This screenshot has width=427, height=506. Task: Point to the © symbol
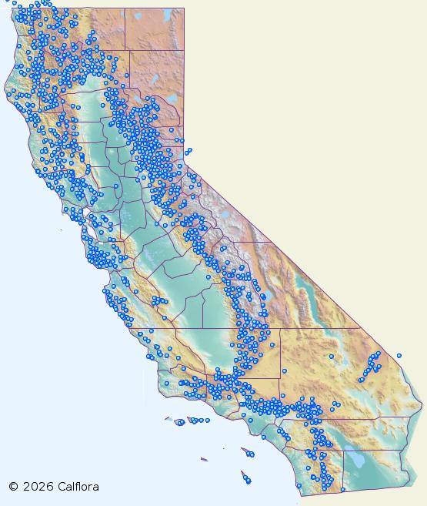point(13,487)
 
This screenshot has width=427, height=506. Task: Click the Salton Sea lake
point(356,461)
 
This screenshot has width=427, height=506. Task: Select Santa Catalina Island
point(248,452)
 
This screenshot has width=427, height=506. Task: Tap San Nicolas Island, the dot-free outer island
point(204,460)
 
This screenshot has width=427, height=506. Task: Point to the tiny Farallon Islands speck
point(62,230)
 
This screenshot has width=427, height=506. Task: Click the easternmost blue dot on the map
point(399,355)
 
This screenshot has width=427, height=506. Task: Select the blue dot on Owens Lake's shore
point(264,297)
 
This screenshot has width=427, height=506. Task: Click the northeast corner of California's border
point(184,8)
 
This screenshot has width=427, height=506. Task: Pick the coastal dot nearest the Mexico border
point(299,485)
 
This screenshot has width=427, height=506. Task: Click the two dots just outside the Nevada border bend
point(188,151)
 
